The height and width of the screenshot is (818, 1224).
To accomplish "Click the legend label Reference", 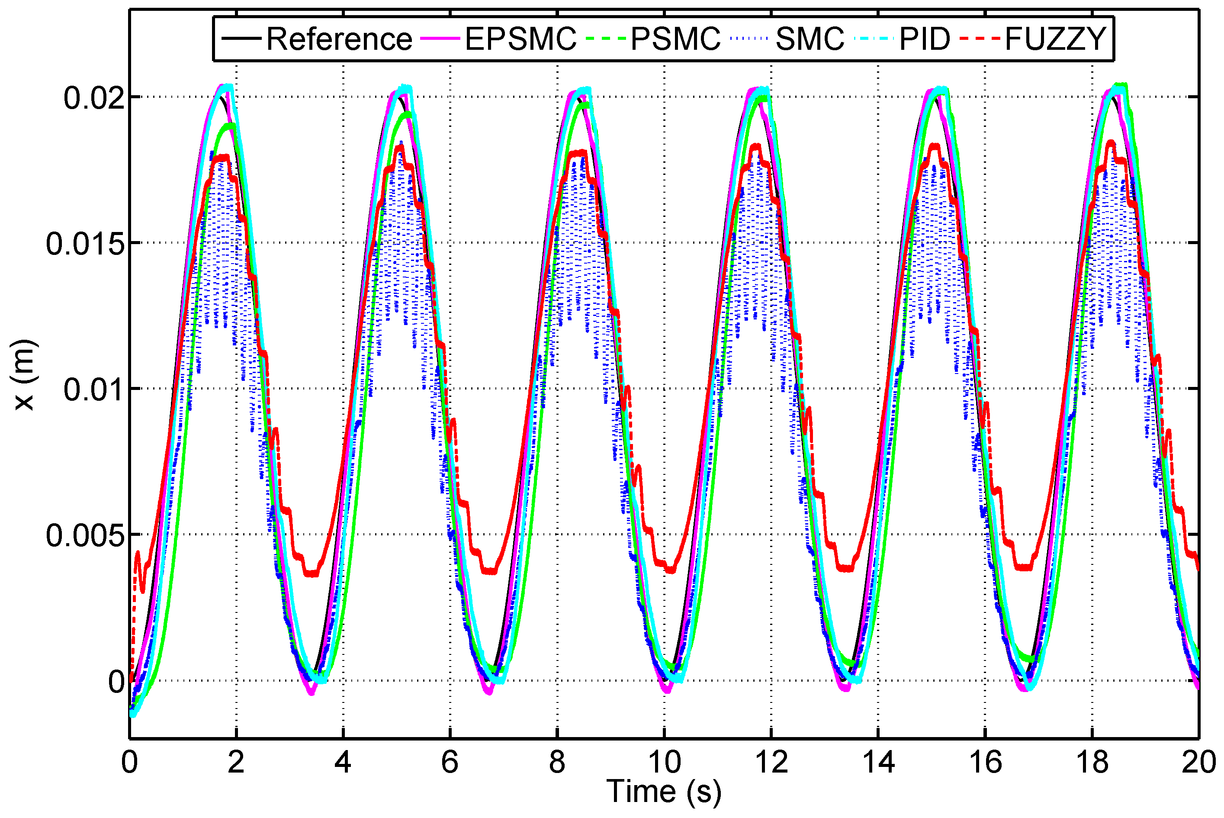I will pyautogui.click(x=339, y=39).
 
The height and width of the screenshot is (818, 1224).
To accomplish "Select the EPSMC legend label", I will pyautogui.click(x=520, y=39).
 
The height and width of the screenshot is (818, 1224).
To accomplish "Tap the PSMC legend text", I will pyautogui.click(x=675, y=39).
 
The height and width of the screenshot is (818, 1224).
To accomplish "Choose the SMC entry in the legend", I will pyautogui.click(x=810, y=39).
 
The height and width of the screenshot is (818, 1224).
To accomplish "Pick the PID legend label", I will pyautogui.click(x=925, y=39).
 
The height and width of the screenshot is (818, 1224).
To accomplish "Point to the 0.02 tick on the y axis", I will pyautogui.click(x=94, y=97).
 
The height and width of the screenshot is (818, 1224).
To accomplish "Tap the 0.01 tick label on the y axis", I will pyautogui.click(x=94, y=390).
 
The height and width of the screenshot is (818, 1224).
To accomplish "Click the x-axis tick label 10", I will pyautogui.click(x=664, y=763).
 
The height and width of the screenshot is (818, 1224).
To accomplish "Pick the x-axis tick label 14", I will pyautogui.click(x=878, y=763).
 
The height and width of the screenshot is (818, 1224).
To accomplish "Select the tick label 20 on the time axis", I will pyautogui.click(x=1198, y=763).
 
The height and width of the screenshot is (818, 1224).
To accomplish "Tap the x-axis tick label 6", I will pyautogui.click(x=450, y=763).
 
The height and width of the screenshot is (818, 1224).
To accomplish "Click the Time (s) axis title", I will pyautogui.click(x=664, y=792).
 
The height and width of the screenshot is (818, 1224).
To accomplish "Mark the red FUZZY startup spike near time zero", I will pyautogui.click(x=138, y=554).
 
